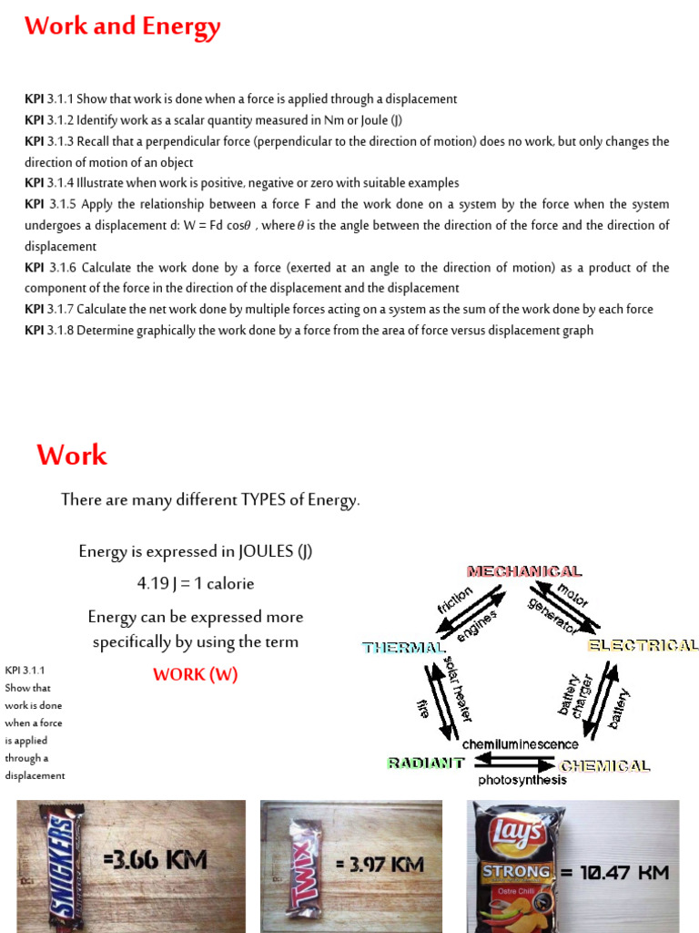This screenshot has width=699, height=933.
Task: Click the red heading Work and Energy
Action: point(122,27)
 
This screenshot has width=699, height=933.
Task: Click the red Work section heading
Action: point(72,455)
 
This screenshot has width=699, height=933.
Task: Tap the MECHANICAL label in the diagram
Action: point(524,571)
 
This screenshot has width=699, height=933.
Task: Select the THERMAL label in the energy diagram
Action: point(402,648)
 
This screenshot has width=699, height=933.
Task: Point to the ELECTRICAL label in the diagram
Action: point(643,645)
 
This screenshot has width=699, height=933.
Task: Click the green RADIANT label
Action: point(425,763)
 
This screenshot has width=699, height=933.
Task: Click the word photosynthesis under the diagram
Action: point(522,780)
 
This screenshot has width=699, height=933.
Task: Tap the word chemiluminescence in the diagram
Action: point(520,744)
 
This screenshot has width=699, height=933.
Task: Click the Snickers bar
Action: point(56,865)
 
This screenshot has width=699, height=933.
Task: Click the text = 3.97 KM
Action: point(380,864)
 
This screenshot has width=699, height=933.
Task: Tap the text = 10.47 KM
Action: point(614,872)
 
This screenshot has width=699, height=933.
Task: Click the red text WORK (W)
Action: point(195,674)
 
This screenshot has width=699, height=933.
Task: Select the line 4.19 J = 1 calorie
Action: point(196,583)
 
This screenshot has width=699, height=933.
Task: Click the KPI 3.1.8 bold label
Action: point(34,330)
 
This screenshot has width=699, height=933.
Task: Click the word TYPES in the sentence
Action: point(264,499)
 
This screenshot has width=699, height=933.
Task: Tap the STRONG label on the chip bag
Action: point(516,871)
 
